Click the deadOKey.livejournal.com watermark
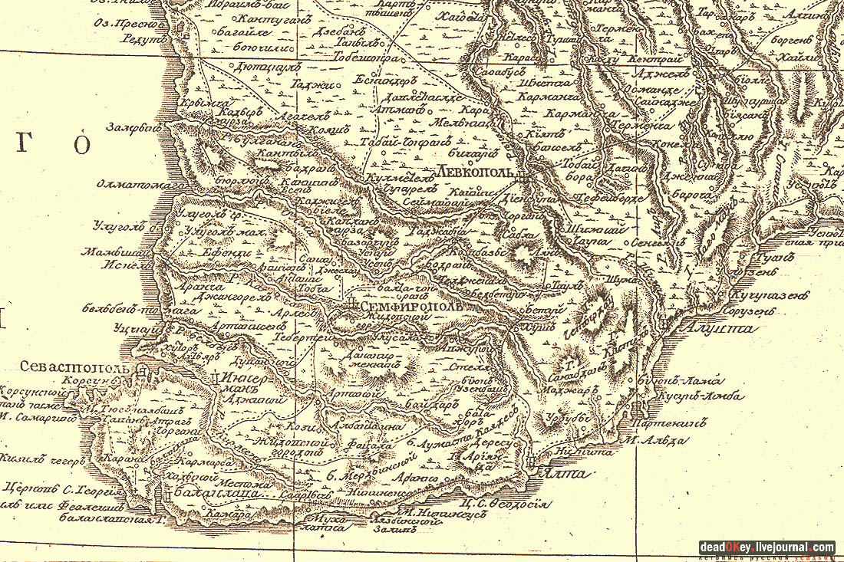(x=767, y=547)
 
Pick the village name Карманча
(x=546, y=97)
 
